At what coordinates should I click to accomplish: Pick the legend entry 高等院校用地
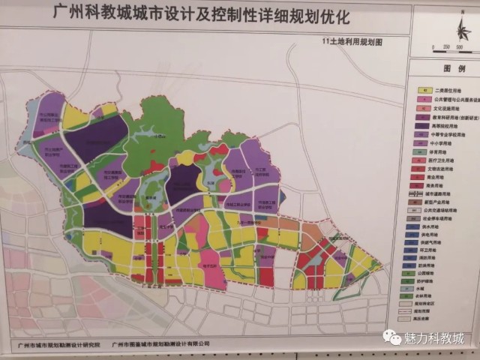tap(444, 124)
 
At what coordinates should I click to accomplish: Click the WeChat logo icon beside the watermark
tap(391, 338)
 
